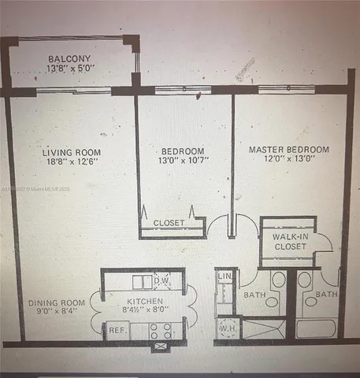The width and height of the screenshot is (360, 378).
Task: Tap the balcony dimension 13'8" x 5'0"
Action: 70,69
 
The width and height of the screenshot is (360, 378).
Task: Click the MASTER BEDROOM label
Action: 288,150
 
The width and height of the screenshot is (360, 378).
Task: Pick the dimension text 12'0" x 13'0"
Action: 288,161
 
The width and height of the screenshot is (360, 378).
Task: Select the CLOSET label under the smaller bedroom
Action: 169,223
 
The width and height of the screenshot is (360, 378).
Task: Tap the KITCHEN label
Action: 145,302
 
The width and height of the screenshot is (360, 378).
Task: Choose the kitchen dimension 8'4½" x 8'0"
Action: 145,313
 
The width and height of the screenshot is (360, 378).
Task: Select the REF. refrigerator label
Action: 117,331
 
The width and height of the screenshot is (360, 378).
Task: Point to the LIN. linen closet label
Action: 225,276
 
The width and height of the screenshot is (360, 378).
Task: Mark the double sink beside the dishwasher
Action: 143,281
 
